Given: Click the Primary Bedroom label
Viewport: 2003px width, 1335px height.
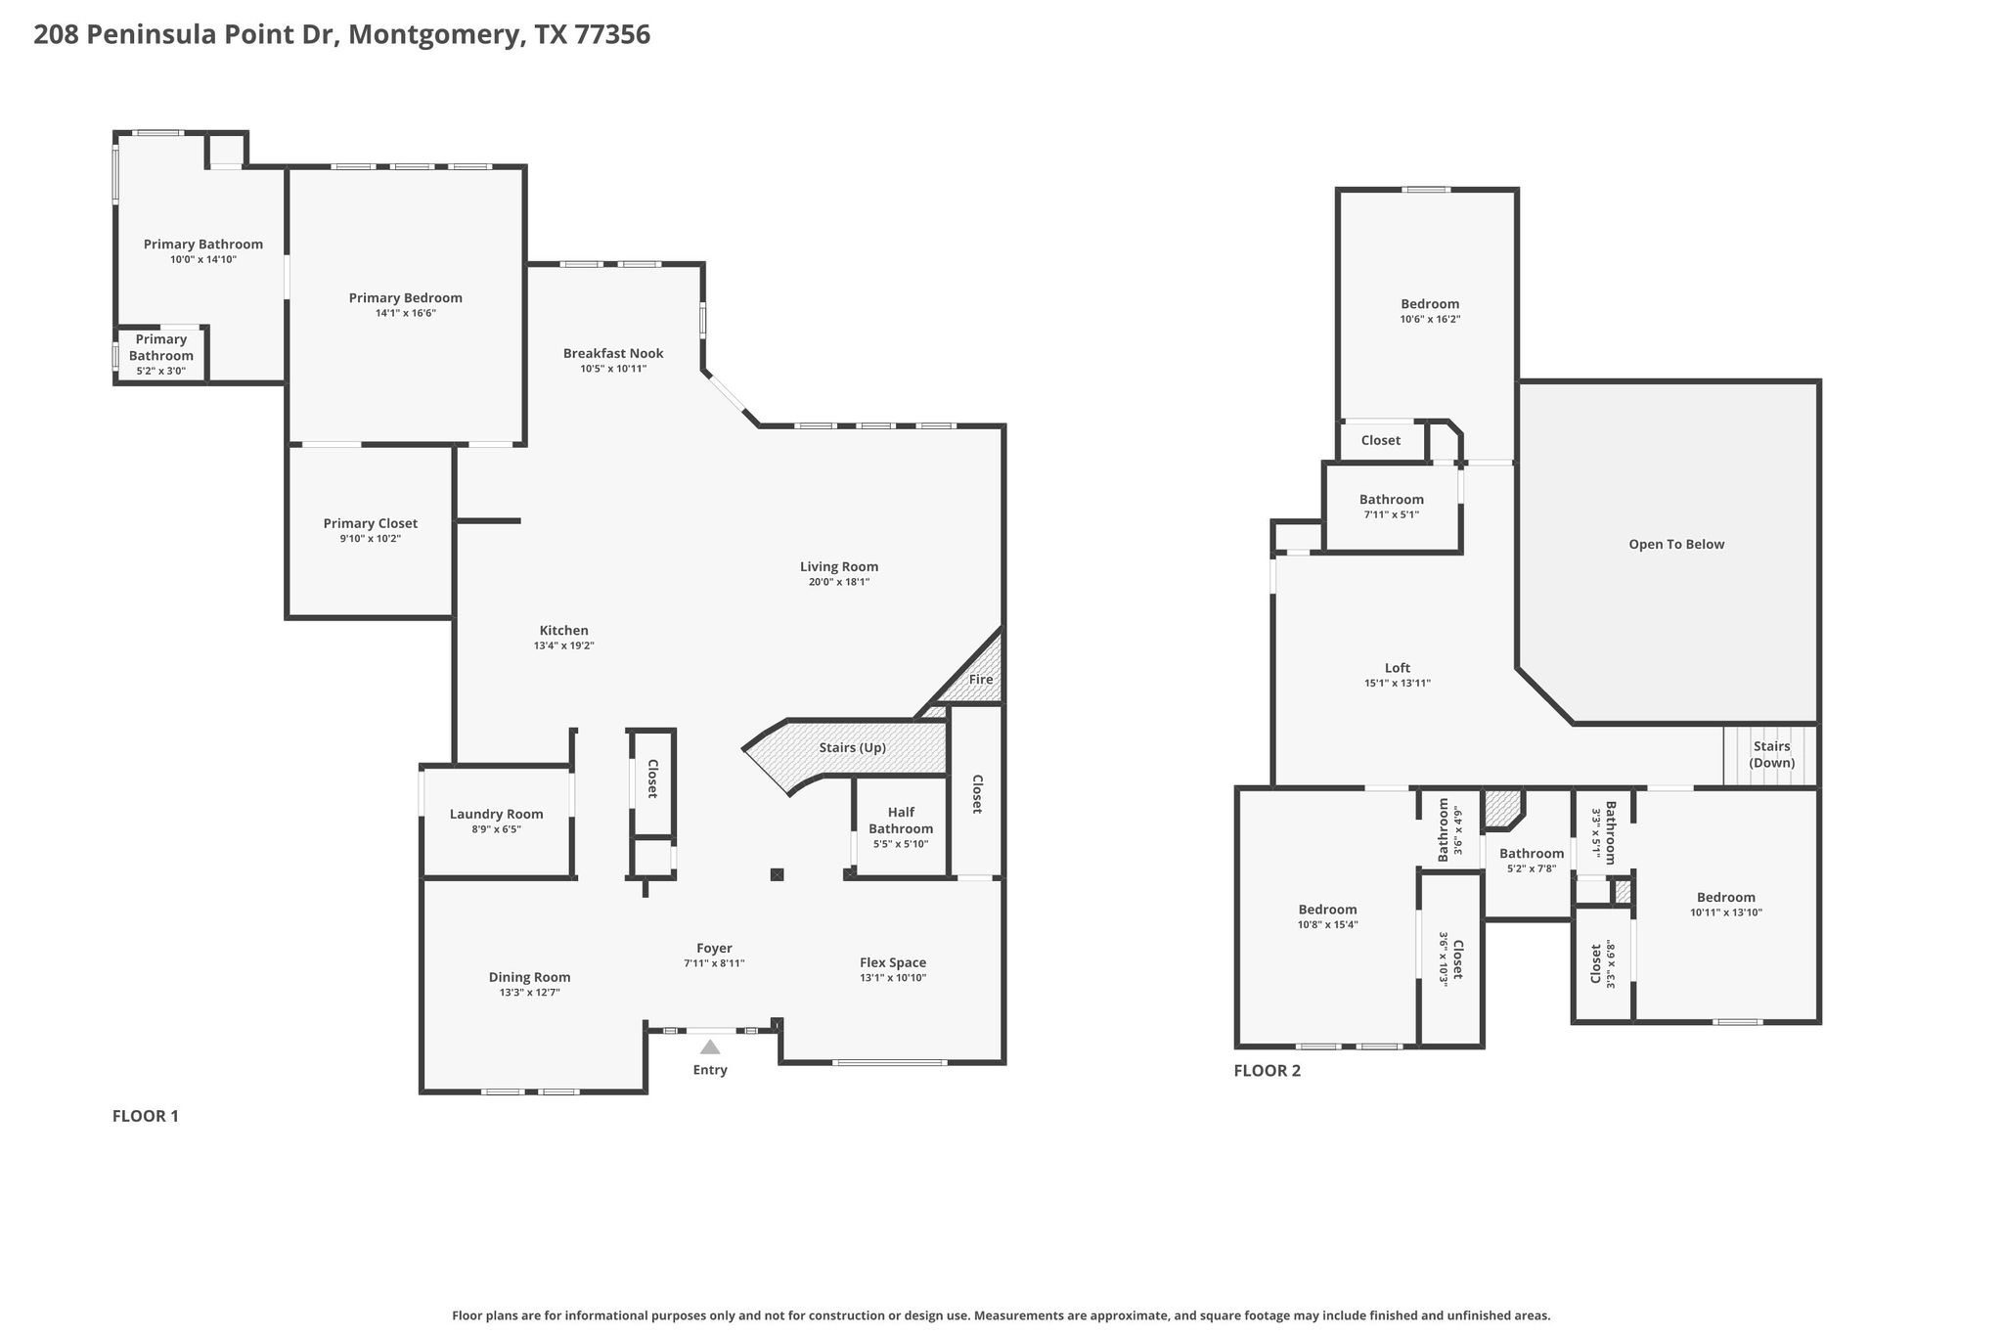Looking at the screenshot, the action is (x=405, y=298).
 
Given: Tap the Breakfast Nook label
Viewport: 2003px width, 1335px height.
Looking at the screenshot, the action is (x=613, y=354).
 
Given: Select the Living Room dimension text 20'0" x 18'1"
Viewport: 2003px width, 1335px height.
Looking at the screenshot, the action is (x=839, y=582).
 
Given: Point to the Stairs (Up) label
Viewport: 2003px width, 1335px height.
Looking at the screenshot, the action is (x=853, y=748).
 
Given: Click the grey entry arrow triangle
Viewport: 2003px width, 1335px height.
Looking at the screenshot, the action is (x=710, y=1046).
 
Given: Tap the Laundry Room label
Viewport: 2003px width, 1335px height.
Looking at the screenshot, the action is (x=497, y=815).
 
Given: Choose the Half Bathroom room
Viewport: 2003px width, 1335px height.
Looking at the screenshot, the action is (x=901, y=826).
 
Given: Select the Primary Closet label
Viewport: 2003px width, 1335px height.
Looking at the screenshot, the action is (x=371, y=524).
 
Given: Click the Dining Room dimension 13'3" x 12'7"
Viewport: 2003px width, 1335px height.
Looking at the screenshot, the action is (x=529, y=993).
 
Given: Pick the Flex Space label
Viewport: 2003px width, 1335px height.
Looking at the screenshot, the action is (x=893, y=963).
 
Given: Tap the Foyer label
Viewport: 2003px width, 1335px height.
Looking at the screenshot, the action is (x=714, y=949).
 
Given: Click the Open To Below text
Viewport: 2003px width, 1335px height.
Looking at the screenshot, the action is (x=1676, y=545).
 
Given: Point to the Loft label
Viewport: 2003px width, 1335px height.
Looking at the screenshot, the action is (x=1398, y=668).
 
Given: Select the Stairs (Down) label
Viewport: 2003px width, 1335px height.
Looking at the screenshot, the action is (x=1772, y=754).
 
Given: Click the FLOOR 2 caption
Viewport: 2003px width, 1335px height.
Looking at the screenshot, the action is (x=1268, y=1070).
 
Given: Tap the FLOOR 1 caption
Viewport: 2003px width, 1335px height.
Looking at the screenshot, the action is (x=146, y=1116).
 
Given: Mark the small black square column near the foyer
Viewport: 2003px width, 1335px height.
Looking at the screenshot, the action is (x=777, y=874).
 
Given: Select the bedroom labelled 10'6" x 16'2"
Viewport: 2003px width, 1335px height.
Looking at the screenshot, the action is (x=1427, y=311).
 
